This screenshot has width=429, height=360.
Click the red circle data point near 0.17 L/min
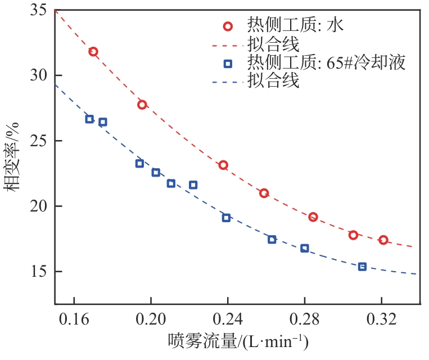[x=93, y=52]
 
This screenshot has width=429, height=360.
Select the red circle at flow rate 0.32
[x=383, y=240]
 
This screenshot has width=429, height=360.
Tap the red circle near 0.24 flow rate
[x=223, y=165]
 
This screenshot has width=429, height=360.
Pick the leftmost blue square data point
[x=89, y=119]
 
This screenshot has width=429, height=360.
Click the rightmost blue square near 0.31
[x=362, y=267]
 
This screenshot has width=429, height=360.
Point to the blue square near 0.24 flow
[x=226, y=218]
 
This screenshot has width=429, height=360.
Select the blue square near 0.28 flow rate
[x=304, y=248]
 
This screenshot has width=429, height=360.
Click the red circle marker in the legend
[x=227, y=26]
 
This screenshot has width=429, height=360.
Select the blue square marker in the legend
[x=227, y=64]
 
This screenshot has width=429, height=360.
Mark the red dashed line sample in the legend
[x=227, y=44]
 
